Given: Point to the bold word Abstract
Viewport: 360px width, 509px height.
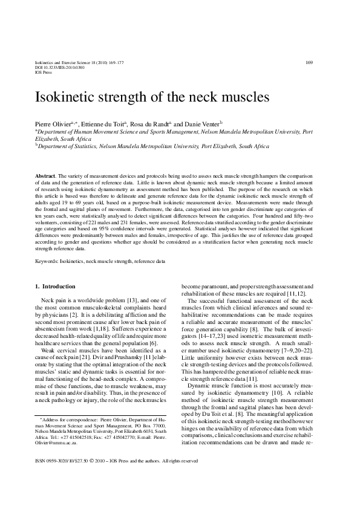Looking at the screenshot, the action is [46, 175].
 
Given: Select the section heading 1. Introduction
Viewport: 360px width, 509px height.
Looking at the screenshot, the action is [55, 285].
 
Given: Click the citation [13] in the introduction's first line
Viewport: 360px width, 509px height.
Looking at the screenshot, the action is [127, 300].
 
